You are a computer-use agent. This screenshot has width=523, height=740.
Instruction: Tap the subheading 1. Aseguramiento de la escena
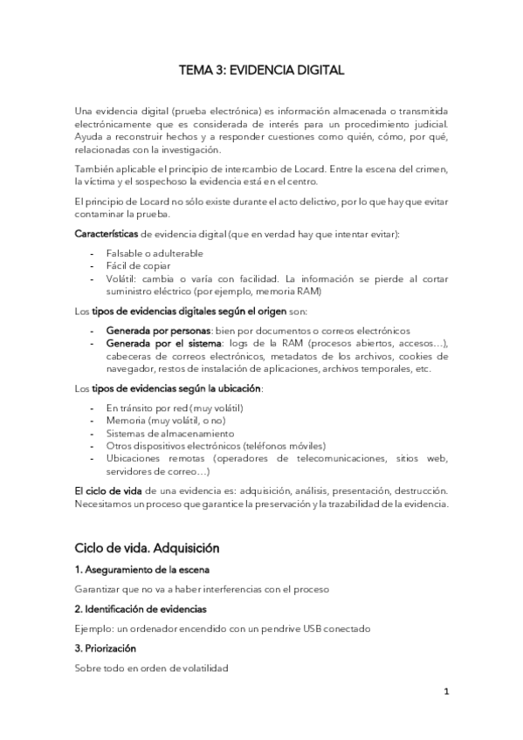coord(134,570)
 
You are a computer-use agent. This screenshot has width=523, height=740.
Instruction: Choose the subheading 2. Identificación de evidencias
coord(140,608)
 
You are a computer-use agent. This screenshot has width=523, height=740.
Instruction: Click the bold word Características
coord(107,235)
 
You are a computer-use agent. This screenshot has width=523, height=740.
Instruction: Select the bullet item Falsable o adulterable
coord(155,253)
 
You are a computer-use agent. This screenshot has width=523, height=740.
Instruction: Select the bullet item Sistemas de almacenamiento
coord(170,433)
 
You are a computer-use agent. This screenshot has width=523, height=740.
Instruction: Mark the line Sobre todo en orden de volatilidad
coord(151,668)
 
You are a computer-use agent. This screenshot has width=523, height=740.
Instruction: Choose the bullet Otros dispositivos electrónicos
coord(203,445)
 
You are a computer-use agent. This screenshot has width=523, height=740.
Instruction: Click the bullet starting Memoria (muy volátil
coord(166,421)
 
